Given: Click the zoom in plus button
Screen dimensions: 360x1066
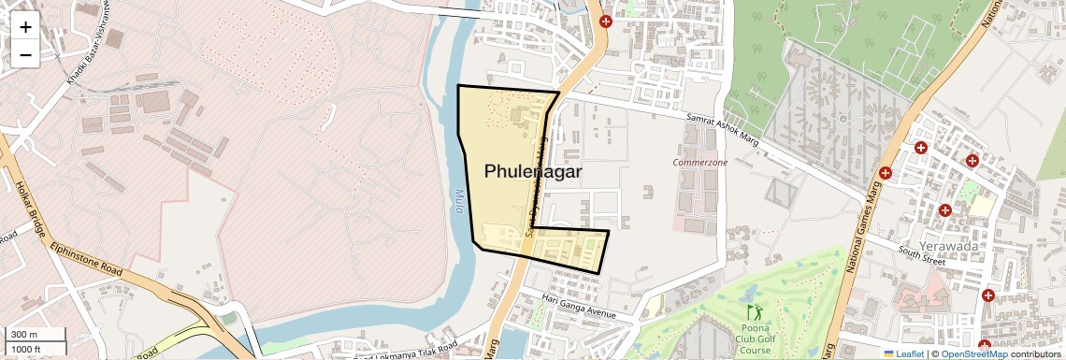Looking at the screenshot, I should click(25, 26).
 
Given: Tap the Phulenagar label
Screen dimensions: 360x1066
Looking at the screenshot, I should click(533, 172).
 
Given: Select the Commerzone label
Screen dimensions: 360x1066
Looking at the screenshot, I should click(700, 162).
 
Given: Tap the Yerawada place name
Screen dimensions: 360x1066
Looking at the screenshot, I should click(947, 246).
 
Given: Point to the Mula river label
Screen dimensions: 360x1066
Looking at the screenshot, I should click(459, 203).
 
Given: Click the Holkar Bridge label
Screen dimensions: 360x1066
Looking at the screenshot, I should click(25, 208).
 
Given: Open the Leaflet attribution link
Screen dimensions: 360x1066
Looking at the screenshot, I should click(903, 353).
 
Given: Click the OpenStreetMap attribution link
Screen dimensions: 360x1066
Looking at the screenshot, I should click(973, 353).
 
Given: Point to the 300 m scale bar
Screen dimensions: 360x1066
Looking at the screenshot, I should click(34, 335).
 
